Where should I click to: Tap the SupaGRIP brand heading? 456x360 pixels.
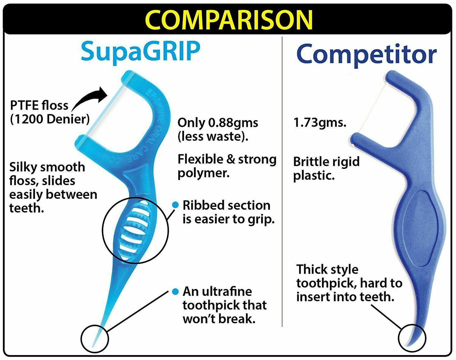[141, 52]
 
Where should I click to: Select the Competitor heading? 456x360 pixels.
[366, 55]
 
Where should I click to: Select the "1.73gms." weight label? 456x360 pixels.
[320, 123]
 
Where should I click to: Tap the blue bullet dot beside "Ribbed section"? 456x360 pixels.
[175, 205]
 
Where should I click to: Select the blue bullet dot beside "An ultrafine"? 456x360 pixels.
[175, 292]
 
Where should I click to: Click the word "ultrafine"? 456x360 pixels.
[227, 292]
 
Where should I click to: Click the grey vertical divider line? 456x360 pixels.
[282, 182]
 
